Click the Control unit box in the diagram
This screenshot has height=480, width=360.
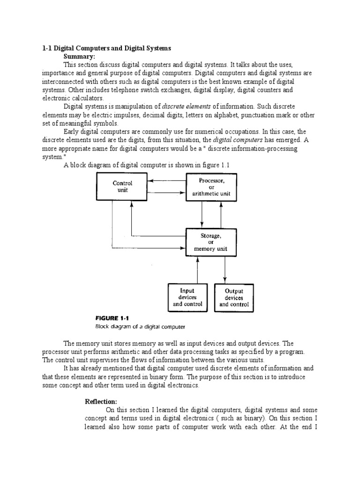tap(122, 187)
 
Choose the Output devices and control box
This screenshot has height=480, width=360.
tap(234, 298)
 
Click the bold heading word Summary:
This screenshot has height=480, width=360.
tap(79, 56)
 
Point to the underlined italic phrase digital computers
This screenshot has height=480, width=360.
tap(237, 140)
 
